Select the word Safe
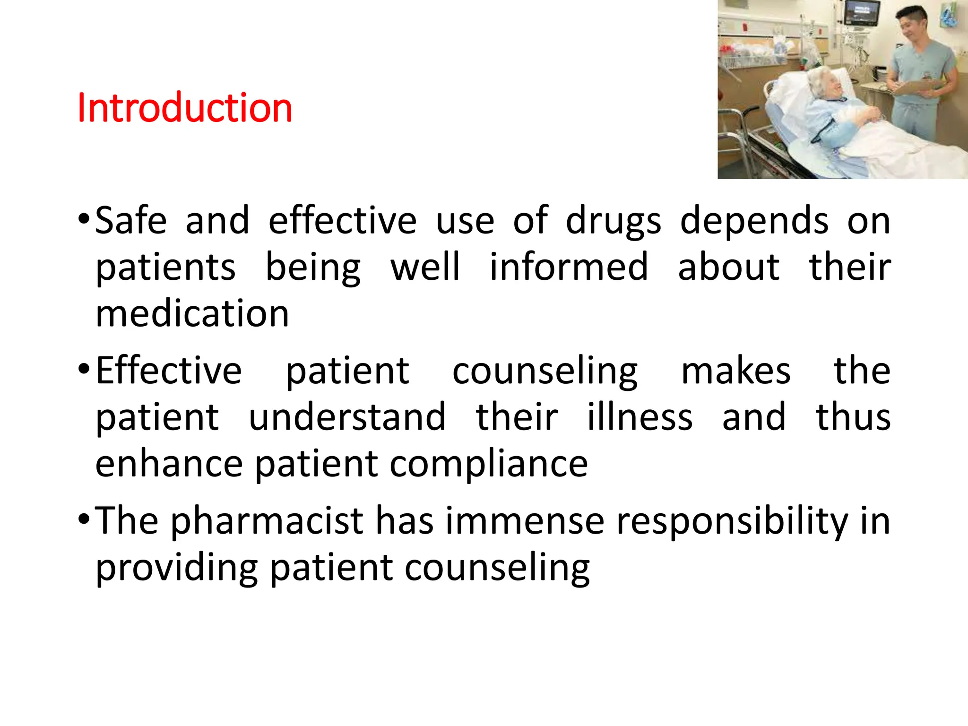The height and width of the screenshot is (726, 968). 131,221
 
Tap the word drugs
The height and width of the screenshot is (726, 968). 614,221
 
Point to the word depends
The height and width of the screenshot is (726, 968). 754,221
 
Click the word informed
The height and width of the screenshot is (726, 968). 569,267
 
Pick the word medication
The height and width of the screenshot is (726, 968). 192,313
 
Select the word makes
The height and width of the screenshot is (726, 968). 735,371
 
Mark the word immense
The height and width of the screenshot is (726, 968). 525,521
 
